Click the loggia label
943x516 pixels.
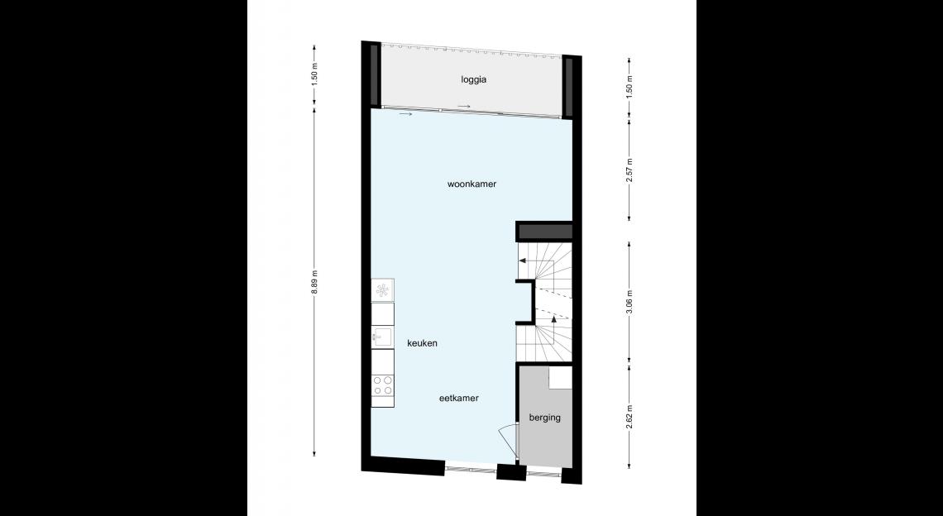point(474,79)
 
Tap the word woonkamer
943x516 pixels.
point(472,184)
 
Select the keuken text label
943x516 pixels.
point(422,343)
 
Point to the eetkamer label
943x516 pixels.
point(459,398)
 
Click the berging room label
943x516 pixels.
point(545,418)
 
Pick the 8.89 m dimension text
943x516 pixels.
point(314,282)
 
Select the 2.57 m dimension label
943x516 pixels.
point(629,170)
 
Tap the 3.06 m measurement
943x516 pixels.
point(629,303)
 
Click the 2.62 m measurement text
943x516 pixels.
point(629,416)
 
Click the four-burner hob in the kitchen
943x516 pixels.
point(382,385)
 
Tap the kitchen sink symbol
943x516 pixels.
point(382,337)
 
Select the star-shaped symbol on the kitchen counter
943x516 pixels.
point(382,290)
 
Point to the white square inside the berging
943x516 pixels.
point(561,378)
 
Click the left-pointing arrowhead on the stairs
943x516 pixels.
point(523,260)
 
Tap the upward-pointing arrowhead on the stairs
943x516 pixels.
point(554,319)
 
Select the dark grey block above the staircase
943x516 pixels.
point(545,232)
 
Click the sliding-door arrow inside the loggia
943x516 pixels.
point(464,107)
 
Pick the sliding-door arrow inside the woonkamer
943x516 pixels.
point(406,113)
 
